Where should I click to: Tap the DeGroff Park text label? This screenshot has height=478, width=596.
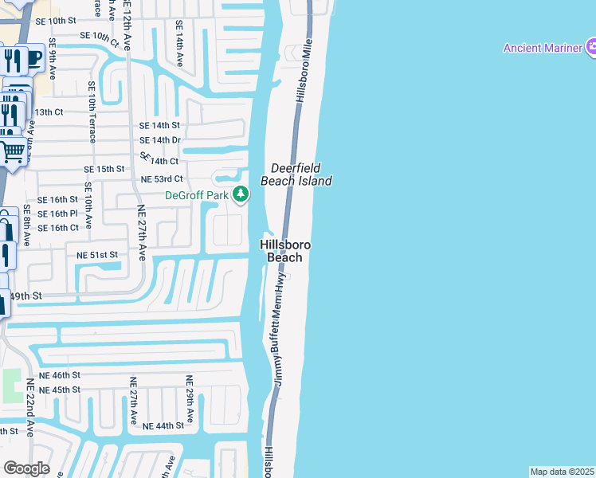click(x=197, y=195)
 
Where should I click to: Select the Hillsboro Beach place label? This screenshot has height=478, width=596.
click(x=284, y=251)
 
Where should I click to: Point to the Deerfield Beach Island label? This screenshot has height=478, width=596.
click(x=300, y=174)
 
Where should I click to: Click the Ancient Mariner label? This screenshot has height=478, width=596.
click(x=542, y=48)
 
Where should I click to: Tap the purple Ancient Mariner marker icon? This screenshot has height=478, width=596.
click(x=591, y=48)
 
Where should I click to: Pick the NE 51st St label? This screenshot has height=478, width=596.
click(x=97, y=255)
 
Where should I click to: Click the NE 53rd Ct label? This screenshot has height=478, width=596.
click(x=162, y=179)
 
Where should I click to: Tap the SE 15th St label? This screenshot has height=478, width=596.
click(x=104, y=170)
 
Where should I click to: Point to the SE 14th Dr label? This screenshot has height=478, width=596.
click(x=159, y=140)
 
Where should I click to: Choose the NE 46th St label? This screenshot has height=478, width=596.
click(x=60, y=374)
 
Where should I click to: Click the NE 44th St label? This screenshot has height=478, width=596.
click(x=163, y=426)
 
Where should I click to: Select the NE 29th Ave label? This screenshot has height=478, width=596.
click(x=190, y=398)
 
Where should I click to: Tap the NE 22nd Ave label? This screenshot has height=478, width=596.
click(x=29, y=406)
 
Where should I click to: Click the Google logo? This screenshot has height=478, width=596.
click(x=26, y=468)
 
